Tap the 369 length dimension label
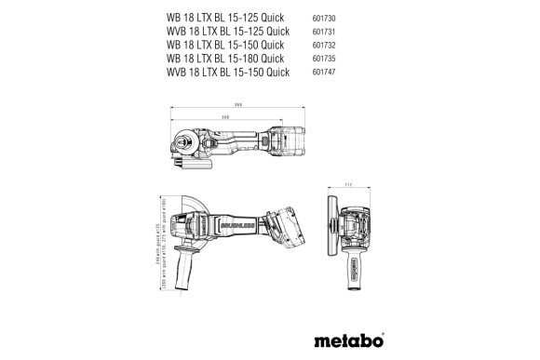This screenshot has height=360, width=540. coord(239,105)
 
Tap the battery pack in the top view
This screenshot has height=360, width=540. coord(290,141)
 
